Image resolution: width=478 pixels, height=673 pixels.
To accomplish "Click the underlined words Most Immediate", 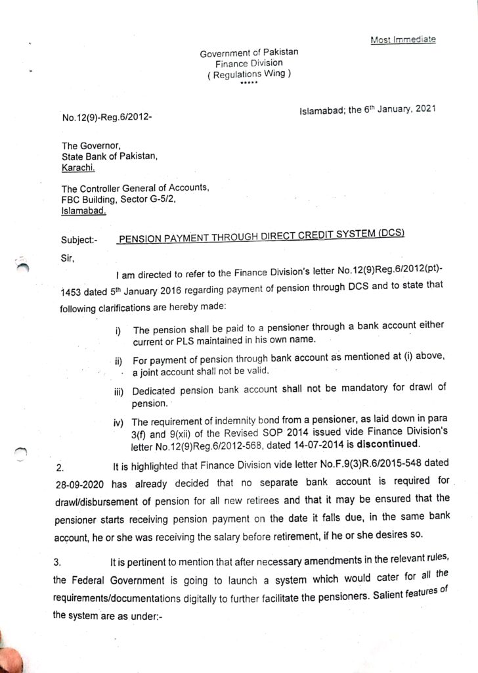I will point(403,39).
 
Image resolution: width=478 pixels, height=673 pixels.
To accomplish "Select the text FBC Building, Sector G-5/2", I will point(119,201).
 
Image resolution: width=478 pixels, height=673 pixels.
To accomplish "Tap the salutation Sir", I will point(68,259).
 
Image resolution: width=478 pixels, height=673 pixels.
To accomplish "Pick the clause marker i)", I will point(118,330).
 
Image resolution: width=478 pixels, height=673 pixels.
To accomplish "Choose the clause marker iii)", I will point(119,392).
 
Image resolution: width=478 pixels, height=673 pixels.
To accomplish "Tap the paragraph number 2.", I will point(60,469).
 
